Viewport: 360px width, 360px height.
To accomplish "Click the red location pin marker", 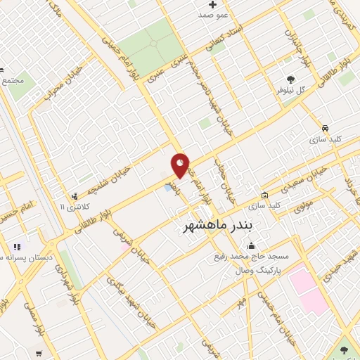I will click(180, 165).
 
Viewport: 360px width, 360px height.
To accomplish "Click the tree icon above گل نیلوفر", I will click(291, 79).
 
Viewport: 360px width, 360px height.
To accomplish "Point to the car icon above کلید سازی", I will click(325, 129).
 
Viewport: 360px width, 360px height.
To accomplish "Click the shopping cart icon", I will click(39, 353).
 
